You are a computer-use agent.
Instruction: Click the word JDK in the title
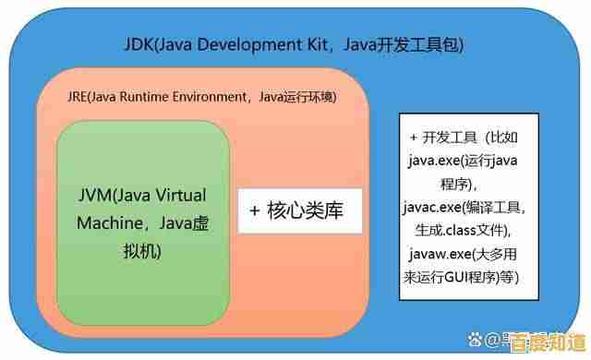(x=139, y=43)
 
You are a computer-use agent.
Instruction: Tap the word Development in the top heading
(x=243, y=43)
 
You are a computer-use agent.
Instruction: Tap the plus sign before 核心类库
(x=256, y=210)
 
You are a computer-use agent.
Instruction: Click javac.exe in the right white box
(x=438, y=206)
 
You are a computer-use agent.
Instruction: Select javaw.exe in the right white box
(x=440, y=253)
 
